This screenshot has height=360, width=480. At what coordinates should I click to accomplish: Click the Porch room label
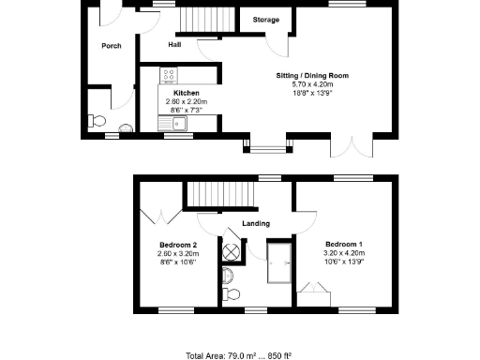click(112, 45)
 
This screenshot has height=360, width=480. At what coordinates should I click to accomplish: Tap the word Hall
click(174, 44)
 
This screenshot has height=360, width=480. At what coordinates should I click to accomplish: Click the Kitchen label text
click(186, 94)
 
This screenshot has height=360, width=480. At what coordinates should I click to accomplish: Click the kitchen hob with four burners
click(170, 76)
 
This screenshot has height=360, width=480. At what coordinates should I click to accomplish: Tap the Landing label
click(256, 223)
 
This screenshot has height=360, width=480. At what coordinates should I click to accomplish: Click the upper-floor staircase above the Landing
click(222, 195)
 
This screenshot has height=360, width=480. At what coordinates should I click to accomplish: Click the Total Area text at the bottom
click(239, 355)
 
